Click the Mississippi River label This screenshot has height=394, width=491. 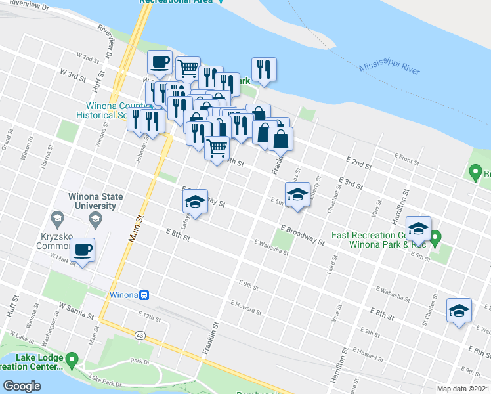[x=389, y=68]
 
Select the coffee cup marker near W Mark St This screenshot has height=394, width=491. [x=83, y=250]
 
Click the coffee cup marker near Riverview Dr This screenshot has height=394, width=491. [x=160, y=63]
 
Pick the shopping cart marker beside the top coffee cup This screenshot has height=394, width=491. [x=188, y=67]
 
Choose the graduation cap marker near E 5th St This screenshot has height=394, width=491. [x=298, y=195]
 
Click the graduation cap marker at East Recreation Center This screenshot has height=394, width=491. [x=418, y=229]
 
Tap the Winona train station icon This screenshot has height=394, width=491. [x=144, y=295]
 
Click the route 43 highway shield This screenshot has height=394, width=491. [x=140, y=336]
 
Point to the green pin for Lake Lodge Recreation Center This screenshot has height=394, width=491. [x=72, y=359]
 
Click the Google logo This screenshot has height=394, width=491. [x=22, y=385]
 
